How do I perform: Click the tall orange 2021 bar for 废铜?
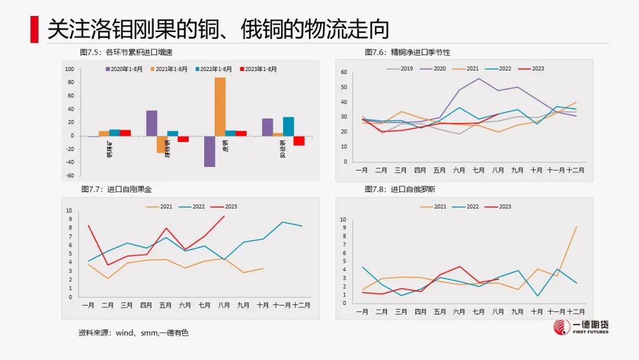tap(220, 107)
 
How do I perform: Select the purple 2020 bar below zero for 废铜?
tap(209, 151)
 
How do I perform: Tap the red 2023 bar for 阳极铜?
tap(299, 140)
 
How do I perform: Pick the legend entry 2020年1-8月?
tap(124, 69)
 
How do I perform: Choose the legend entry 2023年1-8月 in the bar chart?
tap(258, 69)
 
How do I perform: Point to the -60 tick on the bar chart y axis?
tap(69, 176)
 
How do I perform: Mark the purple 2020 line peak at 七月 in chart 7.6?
tap(479, 79)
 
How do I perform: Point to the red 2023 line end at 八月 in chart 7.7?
tap(224, 216)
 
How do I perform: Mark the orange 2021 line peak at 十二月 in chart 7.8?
tap(576, 227)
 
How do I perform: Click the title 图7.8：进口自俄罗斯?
tap(400, 189)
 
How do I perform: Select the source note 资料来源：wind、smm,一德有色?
tap(133, 333)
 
